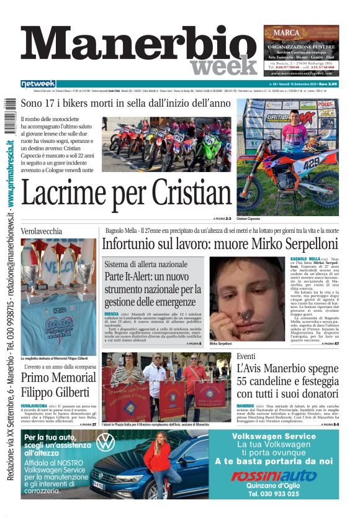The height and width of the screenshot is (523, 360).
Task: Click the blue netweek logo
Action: (38, 84)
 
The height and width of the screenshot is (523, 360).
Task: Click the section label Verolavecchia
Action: (42, 231)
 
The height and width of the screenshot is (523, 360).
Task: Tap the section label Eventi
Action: (246, 355)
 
